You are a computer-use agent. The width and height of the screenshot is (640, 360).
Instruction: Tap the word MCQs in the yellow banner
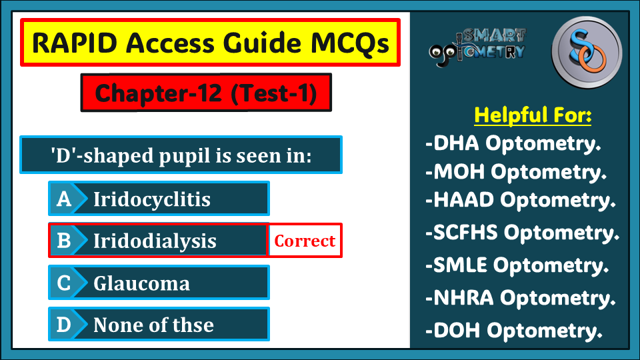[x=350, y=43]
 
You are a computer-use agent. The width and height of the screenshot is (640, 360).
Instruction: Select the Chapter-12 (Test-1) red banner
[x=206, y=93]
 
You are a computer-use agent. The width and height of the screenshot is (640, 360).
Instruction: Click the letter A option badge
[x=64, y=199]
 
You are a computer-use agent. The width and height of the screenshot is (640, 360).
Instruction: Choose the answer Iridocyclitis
[x=152, y=199]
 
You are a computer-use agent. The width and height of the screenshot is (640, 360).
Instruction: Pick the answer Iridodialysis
[x=155, y=241]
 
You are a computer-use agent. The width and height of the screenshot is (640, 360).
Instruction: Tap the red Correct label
[x=305, y=241]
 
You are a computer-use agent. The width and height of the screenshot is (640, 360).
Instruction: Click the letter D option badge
[x=64, y=325]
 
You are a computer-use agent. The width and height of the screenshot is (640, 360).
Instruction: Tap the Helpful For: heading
[x=533, y=115]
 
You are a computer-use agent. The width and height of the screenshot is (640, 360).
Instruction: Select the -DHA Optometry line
[x=513, y=143]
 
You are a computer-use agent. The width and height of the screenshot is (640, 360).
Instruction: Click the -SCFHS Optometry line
[x=522, y=233]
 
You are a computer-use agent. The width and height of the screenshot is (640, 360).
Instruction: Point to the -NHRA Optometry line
[x=521, y=298]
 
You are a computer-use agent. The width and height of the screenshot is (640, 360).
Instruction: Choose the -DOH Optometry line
[x=514, y=331]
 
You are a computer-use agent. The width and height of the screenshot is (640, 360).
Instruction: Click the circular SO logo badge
[x=587, y=53]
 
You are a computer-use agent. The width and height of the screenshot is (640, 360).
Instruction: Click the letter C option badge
[x=64, y=283]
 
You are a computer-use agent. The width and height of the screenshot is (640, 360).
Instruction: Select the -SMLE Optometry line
[x=517, y=265]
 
